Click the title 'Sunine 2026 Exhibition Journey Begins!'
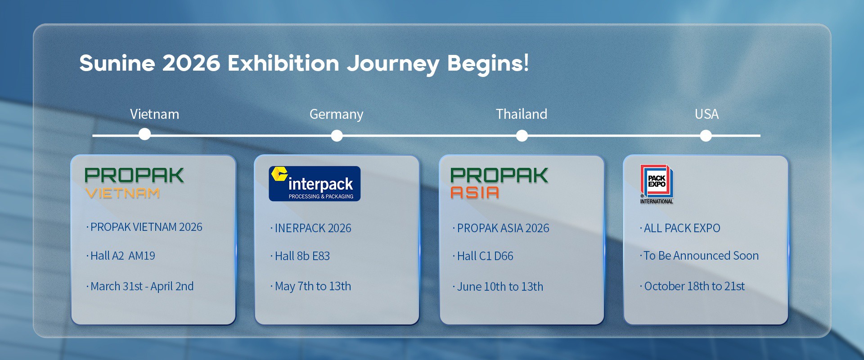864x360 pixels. [304, 63]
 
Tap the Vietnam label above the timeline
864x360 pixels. [154, 114]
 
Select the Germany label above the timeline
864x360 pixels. [336, 114]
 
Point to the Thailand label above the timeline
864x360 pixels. [522, 114]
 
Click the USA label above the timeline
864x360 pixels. [706, 114]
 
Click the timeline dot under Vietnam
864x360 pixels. [144, 134]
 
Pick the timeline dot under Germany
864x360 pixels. [337, 135]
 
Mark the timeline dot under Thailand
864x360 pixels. [522, 135]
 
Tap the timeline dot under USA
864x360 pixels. [706, 135]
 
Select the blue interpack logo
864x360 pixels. [315, 184]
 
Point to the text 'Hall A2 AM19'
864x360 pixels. [123, 256]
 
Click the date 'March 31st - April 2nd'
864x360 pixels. [142, 286]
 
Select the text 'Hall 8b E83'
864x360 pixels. [302, 256]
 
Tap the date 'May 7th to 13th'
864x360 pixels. [313, 287]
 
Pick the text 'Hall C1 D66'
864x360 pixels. [485, 256]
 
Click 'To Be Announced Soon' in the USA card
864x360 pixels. [701, 256]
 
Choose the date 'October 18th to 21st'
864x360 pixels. [694, 286]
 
